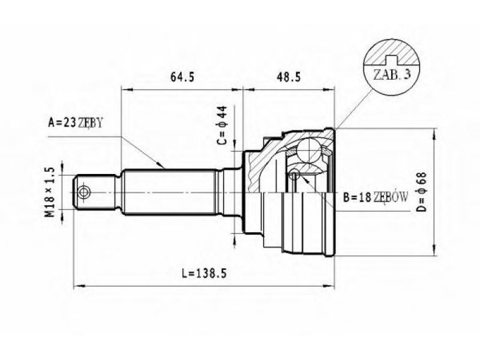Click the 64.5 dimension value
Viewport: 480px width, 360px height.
click(x=182, y=77)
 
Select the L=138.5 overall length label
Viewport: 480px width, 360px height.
click(x=204, y=273)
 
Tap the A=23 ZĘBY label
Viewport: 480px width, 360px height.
click(x=76, y=123)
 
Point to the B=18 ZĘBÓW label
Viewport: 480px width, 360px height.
click(x=376, y=197)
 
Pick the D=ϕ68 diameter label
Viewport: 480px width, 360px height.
click(x=422, y=192)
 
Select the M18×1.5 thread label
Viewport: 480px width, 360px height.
click(x=50, y=192)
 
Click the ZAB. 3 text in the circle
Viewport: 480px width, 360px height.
click(x=392, y=74)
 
